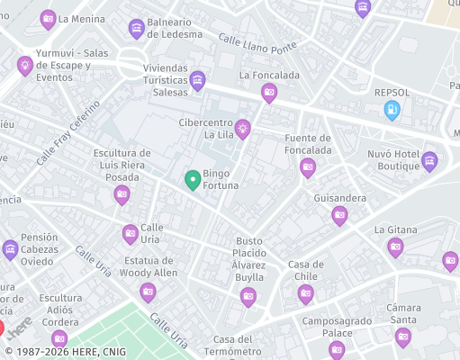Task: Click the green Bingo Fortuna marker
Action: click(x=193, y=180)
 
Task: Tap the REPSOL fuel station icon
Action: click(x=392, y=110)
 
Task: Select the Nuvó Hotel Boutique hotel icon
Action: click(x=429, y=161)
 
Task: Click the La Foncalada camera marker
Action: click(x=268, y=92)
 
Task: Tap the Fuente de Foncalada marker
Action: click(x=308, y=166)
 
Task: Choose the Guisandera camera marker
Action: click(x=339, y=214)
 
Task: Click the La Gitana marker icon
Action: click(x=395, y=247)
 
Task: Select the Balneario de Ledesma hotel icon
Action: click(x=136, y=29)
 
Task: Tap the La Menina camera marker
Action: click(x=48, y=18)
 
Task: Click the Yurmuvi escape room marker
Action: click(x=25, y=65)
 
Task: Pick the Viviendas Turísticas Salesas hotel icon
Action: click(x=197, y=82)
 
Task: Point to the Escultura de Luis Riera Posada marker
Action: click(x=122, y=194)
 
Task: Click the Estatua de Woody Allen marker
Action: click(x=148, y=291)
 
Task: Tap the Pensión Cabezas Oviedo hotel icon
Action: click(x=10, y=249)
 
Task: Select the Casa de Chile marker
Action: click(x=305, y=292)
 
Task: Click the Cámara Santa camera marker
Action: click(x=402, y=337)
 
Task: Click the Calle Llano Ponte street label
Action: click(x=257, y=44)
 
